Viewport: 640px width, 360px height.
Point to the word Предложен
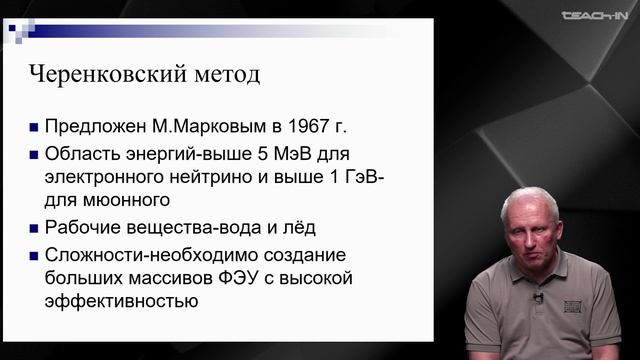(x=91, y=128)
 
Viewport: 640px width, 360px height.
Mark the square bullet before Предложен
(x=36, y=129)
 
